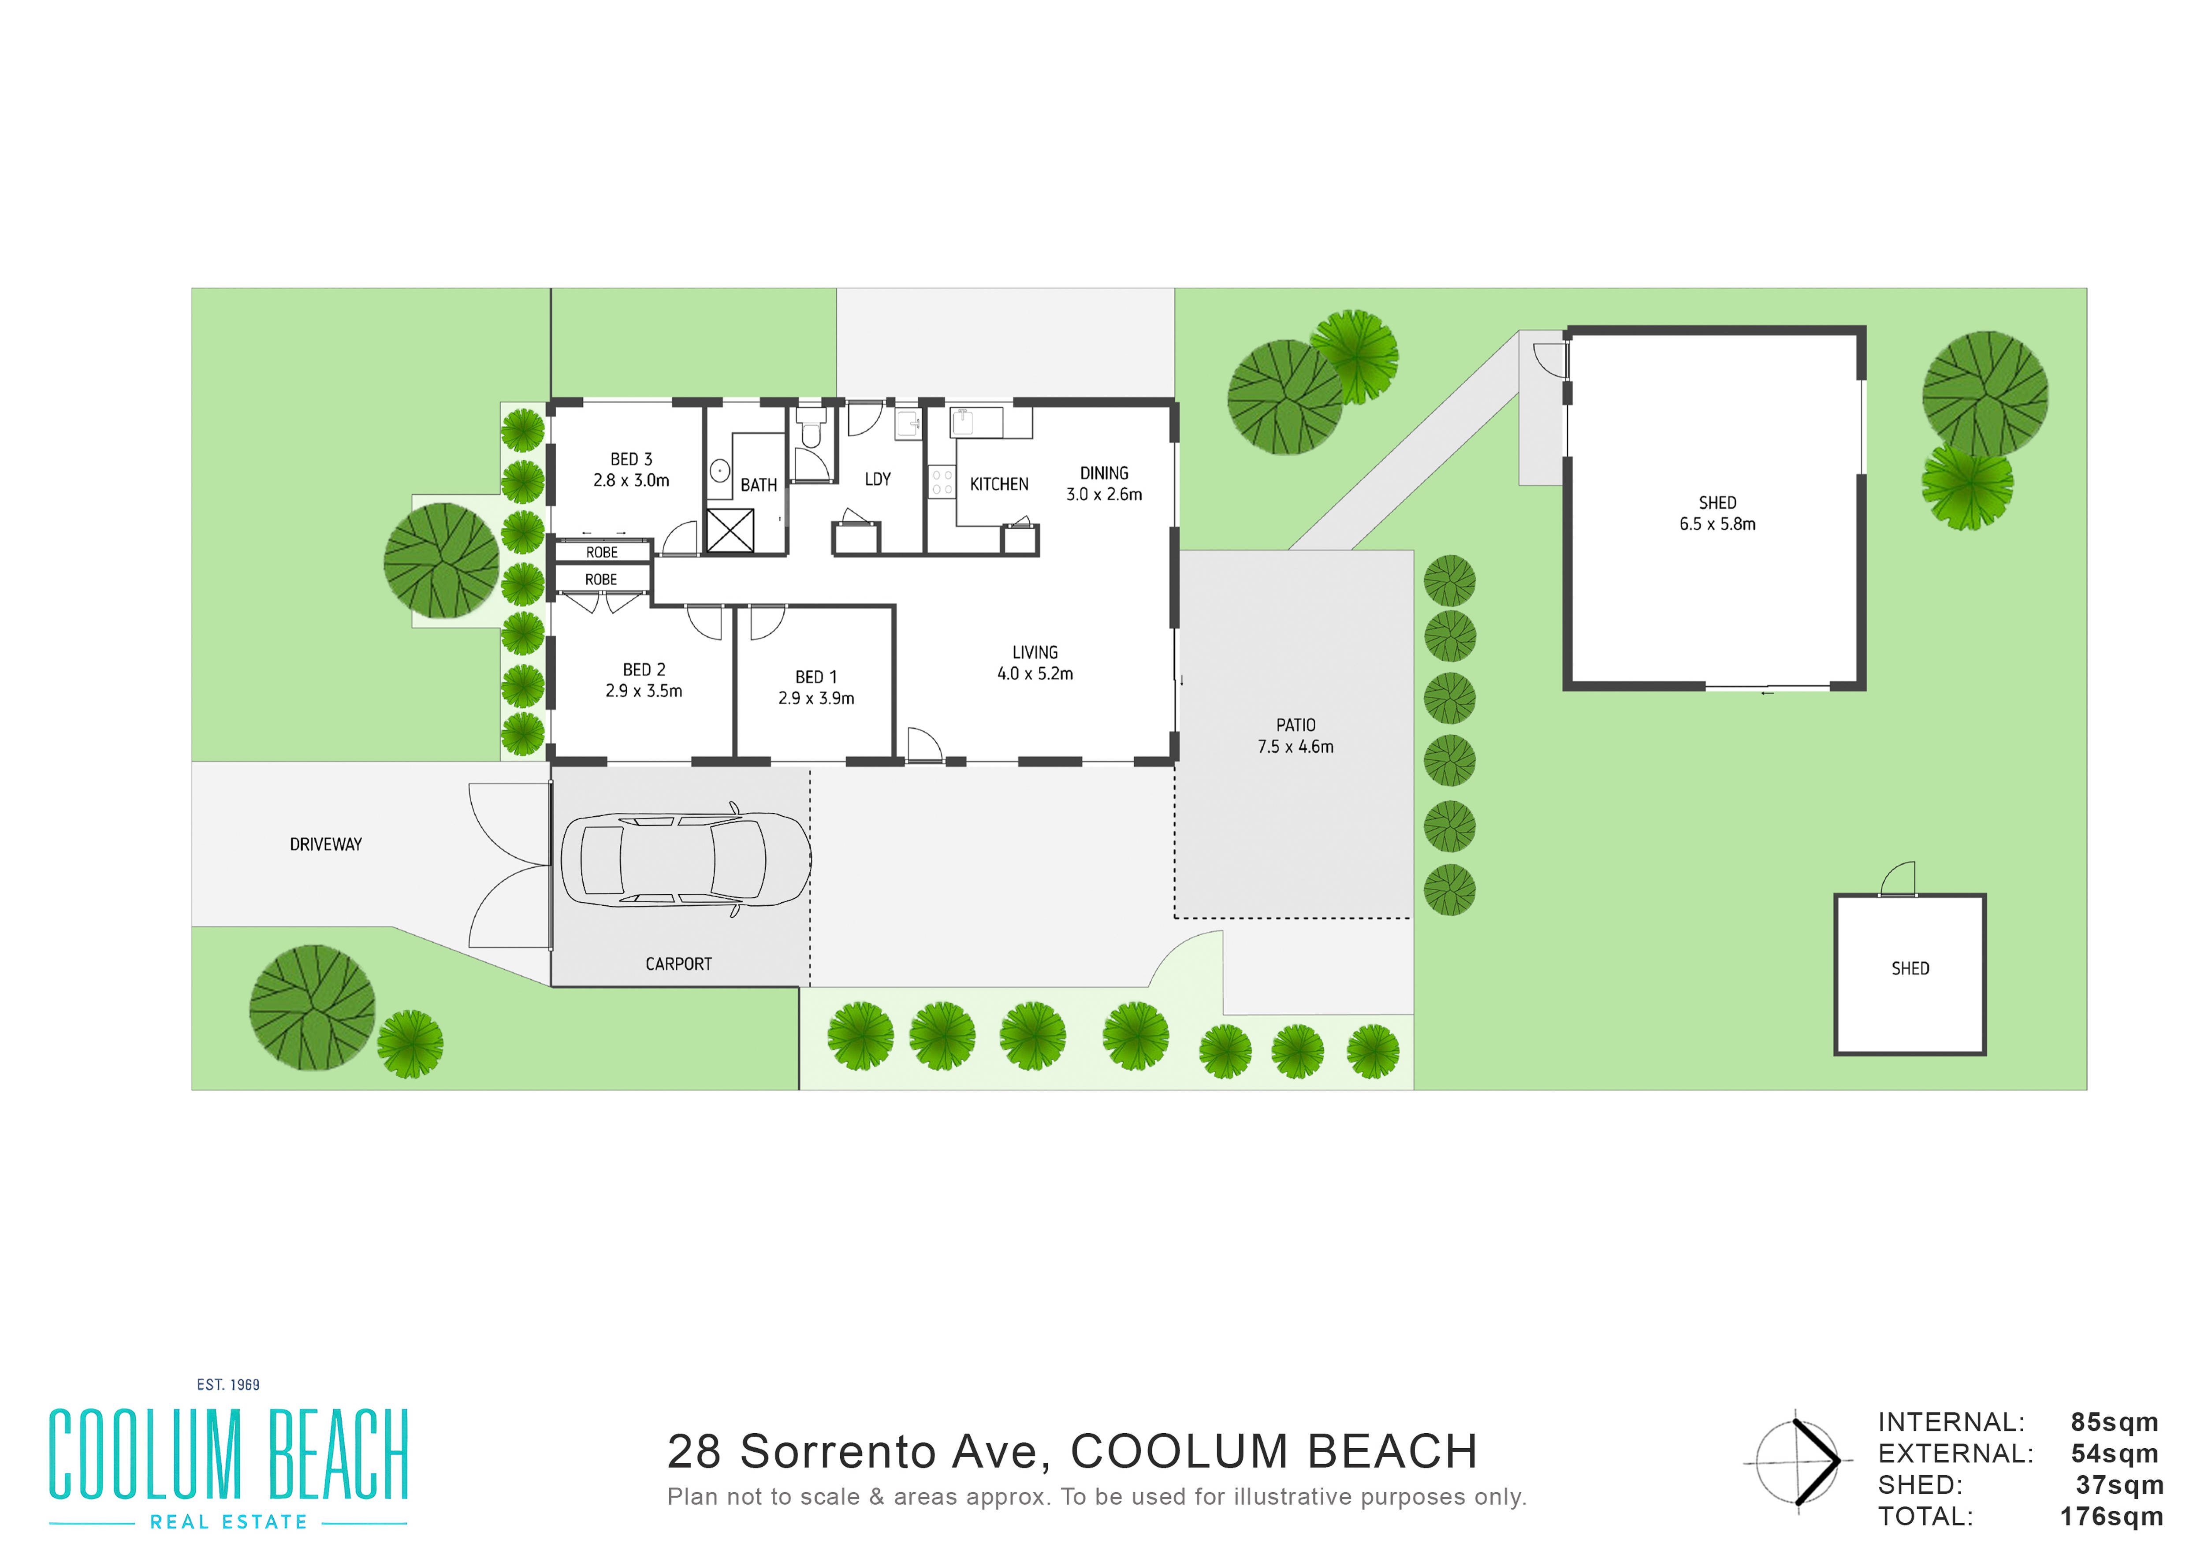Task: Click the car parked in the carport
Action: click(685, 860)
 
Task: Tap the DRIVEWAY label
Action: click(325, 845)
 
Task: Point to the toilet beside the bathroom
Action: click(811, 428)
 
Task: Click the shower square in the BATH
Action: click(730, 530)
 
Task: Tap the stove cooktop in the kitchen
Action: click(942, 482)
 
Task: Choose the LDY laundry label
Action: click(877, 479)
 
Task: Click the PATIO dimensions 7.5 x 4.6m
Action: click(1296, 747)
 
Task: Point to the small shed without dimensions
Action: click(1909, 974)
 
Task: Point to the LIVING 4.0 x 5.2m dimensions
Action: click(1035, 674)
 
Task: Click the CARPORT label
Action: click(679, 964)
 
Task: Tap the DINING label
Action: click(1104, 473)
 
